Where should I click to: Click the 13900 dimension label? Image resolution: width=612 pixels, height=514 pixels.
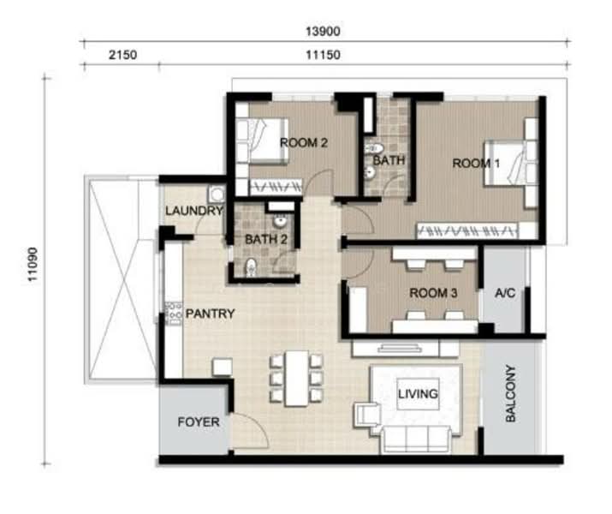pyautogui.click(x=323, y=31)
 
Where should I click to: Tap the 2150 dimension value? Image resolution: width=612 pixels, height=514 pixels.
pyautogui.click(x=122, y=55)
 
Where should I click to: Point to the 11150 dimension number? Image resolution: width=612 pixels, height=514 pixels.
pyautogui.click(x=323, y=55)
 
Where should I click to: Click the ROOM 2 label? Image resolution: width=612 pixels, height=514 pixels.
pyautogui.click(x=304, y=143)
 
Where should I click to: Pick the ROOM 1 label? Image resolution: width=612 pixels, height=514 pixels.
pyautogui.click(x=476, y=163)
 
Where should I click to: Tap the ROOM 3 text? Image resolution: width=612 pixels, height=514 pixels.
pyautogui.click(x=433, y=292)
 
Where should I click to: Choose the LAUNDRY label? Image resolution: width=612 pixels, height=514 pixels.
pyautogui.click(x=194, y=211)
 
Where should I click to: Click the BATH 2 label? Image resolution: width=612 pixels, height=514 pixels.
pyautogui.click(x=266, y=239)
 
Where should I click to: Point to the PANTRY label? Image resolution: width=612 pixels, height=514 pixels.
pyautogui.click(x=210, y=314)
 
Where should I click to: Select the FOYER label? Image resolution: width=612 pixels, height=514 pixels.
pyautogui.click(x=199, y=421)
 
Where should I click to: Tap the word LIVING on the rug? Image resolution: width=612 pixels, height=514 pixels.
pyautogui.click(x=418, y=394)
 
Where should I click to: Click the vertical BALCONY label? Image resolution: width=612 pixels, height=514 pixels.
pyautogui.click(x=510, y=393)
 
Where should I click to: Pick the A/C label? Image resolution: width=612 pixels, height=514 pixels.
pyautogui.click(x=505, y=292)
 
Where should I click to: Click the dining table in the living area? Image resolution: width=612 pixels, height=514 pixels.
pyautogui.click(x=297, y=379)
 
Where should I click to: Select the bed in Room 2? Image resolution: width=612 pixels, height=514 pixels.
pyautogui.click(x=262, y=140)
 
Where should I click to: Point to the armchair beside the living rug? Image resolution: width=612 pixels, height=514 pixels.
pyautogui.click(x=367, y=415)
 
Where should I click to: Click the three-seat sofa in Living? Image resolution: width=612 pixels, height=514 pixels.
pyautogui.click(x=417, y=439)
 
